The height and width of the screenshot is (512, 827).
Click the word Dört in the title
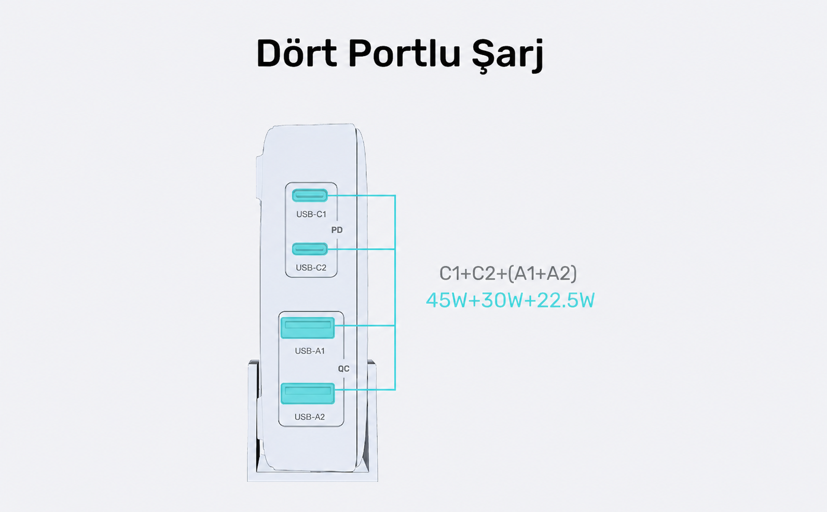(x=296, y=53)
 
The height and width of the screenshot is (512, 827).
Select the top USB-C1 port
(x=310, y=195)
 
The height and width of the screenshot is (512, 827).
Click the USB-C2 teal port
(x=310, y=249)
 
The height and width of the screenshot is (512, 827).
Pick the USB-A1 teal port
(x=308, y=328)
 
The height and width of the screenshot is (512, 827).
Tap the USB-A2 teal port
(x=308, y=394)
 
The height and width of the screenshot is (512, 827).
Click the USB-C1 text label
(x=311, y=214)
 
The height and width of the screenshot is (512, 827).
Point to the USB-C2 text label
(x=311, y=267)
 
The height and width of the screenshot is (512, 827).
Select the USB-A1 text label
(x=310, y=351)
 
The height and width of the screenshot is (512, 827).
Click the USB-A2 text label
(x=309, y=417)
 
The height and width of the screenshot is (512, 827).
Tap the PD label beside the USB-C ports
(x=337, y=230)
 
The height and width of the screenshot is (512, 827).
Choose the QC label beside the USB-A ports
(x=344, y=369)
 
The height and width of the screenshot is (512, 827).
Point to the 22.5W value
(x=566, y=300)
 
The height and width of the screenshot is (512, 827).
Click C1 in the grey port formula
(x=449, y=274)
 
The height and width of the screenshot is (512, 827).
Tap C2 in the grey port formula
(x=484, y=274)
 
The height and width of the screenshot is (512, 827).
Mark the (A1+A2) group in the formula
(x=542, y=274)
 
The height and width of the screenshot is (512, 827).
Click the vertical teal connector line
(x=395, y=292)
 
